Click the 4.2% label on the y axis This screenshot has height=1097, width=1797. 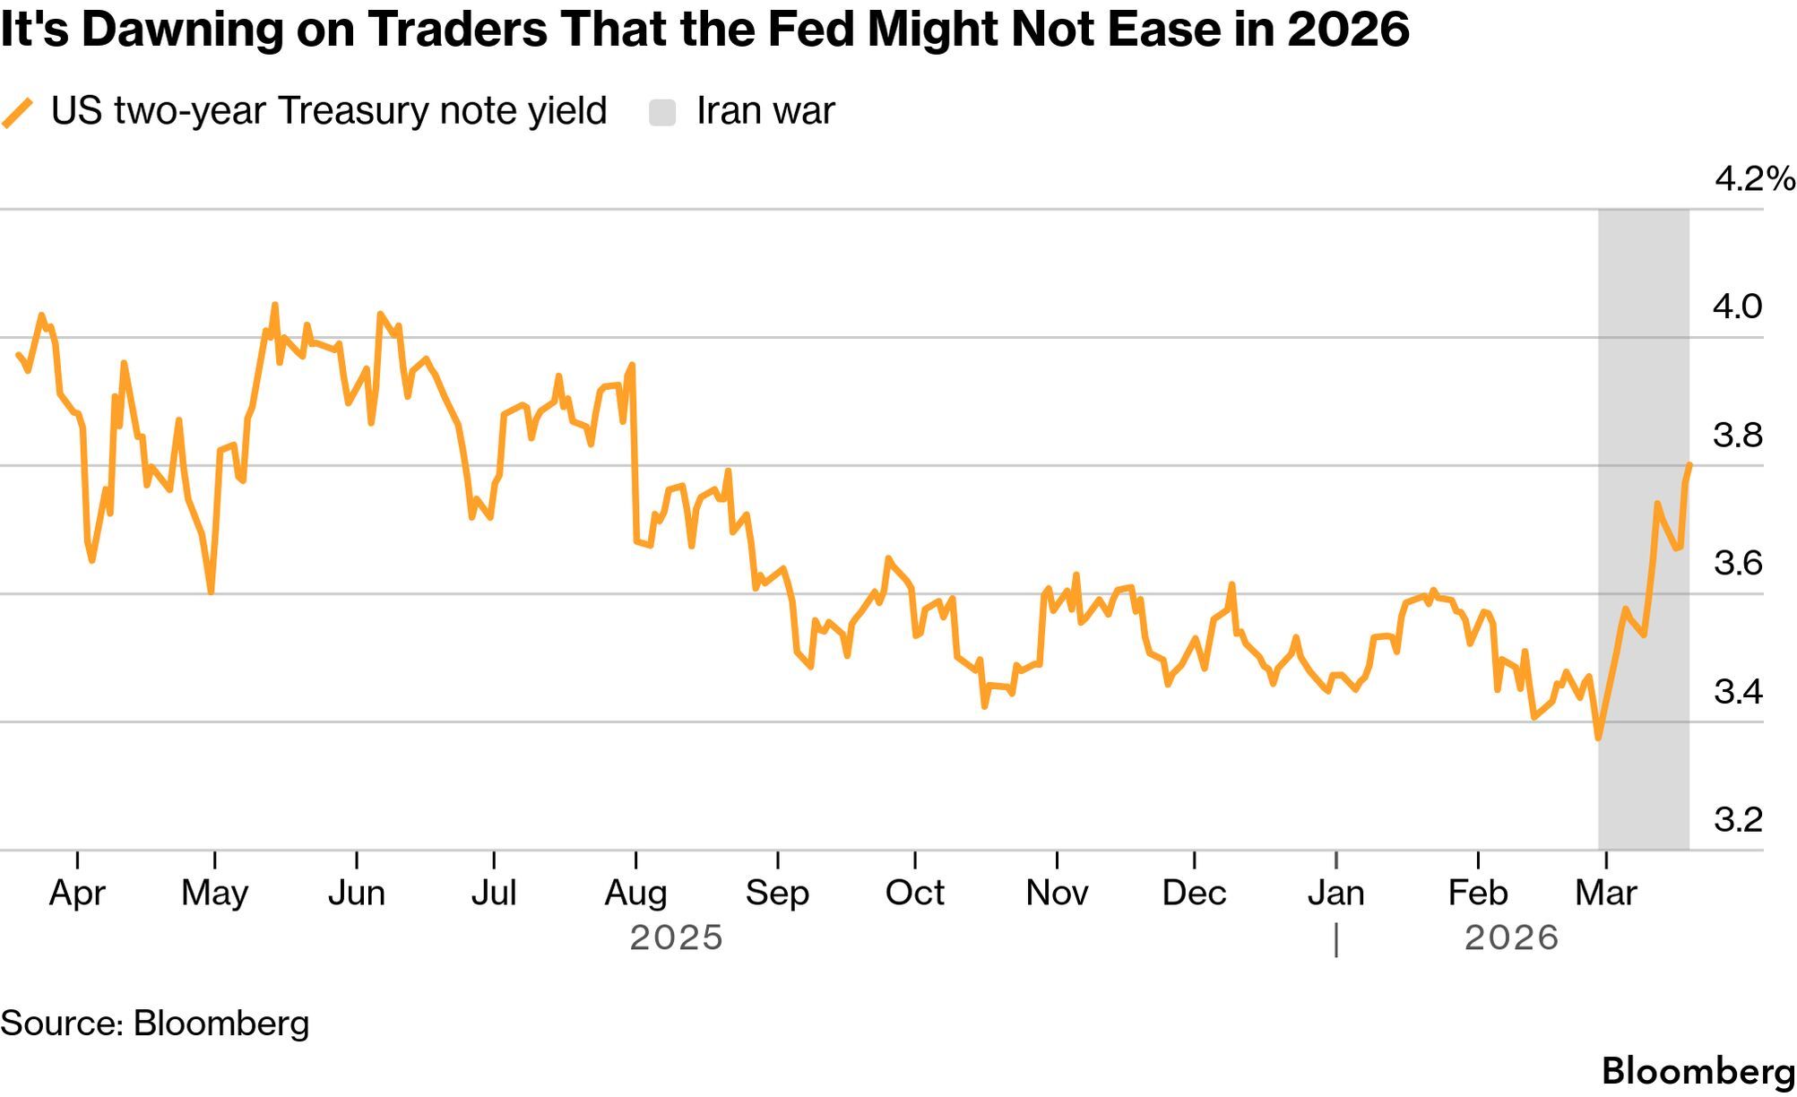[x=1754, y=179]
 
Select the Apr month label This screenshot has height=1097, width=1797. [x=77, y=893]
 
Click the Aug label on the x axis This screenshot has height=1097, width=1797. [x=635, y=893]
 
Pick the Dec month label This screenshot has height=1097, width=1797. [x=1194, y=893]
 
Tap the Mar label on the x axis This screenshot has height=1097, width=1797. [x=1606, y=893]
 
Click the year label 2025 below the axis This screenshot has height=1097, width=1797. [x=676, y=937]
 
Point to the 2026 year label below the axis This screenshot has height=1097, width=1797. [x=1512, y=937]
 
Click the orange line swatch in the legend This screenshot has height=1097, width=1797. [x=17, y=113]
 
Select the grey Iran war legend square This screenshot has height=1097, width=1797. [x=662, y=113]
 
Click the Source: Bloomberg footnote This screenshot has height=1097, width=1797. [x=154, y=1024]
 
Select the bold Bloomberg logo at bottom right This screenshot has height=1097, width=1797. [x=1698, y=1072]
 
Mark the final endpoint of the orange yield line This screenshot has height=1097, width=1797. [x=1689, y=464]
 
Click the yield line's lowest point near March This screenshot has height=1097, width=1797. [x=1598, y=738]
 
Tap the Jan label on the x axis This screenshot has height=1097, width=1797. [x=1335, y=893]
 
